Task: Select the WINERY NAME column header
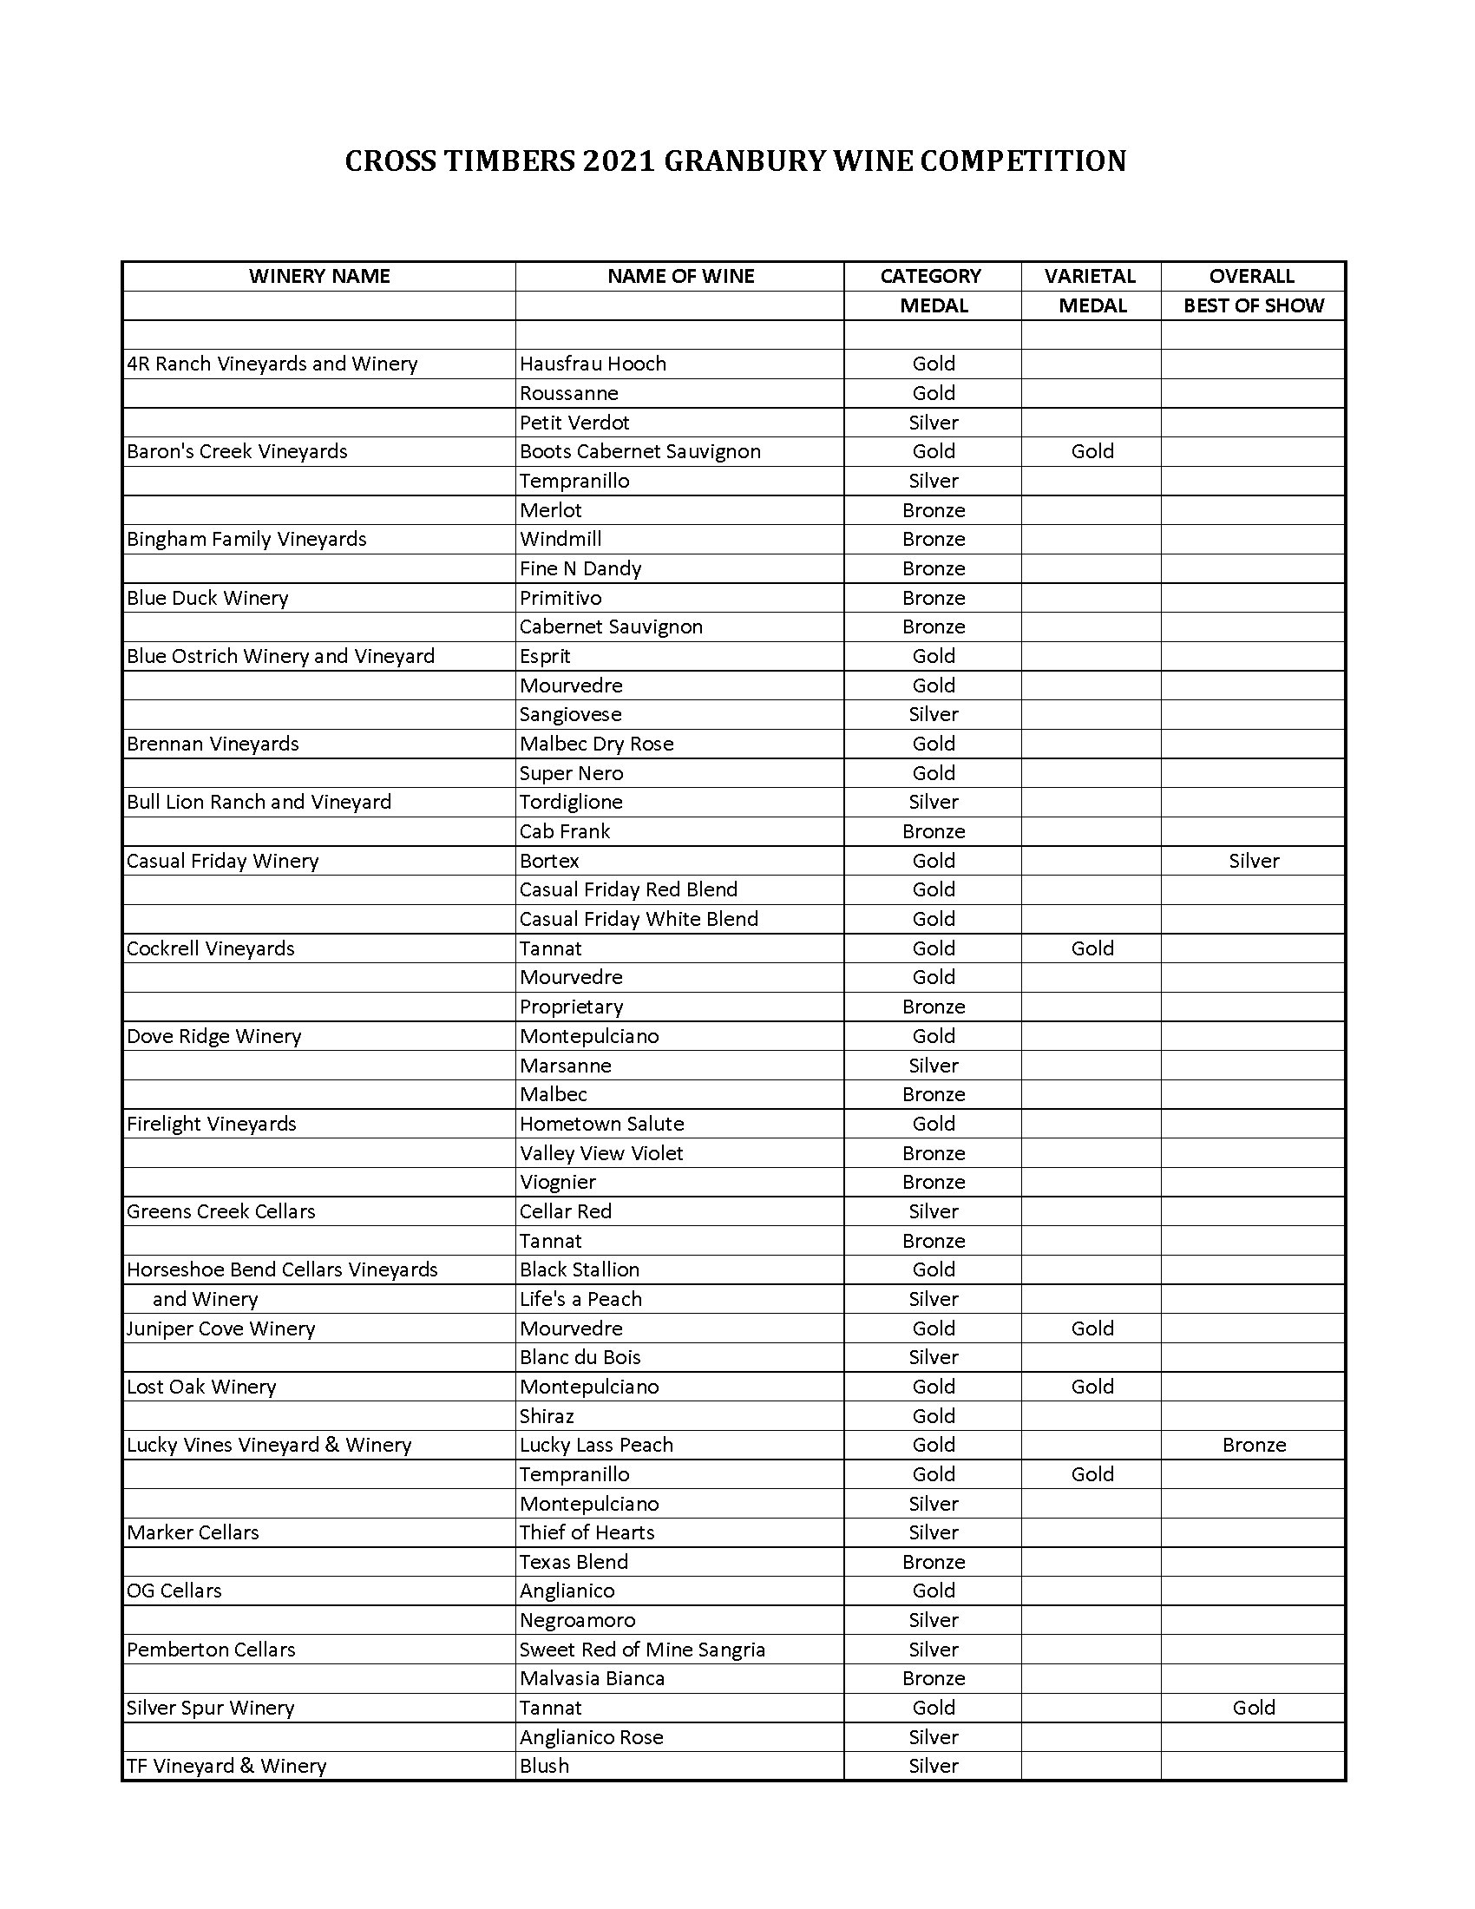click(x=319, y=276)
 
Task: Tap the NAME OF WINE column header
click(x=681, y=276)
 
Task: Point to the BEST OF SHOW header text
click(x=1253, y=306)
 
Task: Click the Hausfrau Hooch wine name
click(x=593, y=364)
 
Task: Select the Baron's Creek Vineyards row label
click(x=237, y=451)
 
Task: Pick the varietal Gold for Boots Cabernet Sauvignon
click(x=1092, y=451)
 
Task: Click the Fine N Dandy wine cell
click(x=580, y=568)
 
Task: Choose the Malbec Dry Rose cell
click(x=597, y=744)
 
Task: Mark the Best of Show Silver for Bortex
click(x=1254, y=861)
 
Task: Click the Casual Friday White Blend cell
click(x=639, y=919)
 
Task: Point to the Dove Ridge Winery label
click(x=214, y=1036)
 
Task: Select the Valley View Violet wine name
click(x=601, y=1153)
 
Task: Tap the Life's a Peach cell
click(x=580, y=1299)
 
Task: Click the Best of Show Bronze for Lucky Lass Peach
click(x=1254, y=1445)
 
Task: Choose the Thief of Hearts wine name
click(x=587, y=1532)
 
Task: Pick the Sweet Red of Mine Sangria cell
click(x=642, y=1650)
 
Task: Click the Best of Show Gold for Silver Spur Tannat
click(x=1254, y=1707)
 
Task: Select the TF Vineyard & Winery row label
click(x=226, y=1766)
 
